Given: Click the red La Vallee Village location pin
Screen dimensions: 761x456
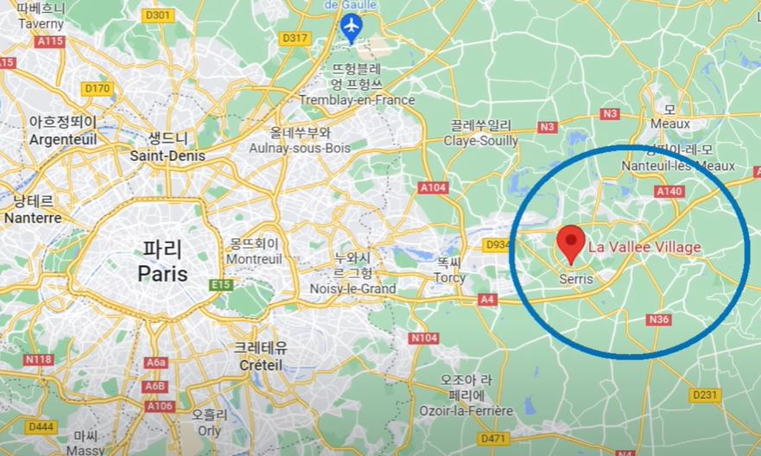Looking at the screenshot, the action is pos(570,244).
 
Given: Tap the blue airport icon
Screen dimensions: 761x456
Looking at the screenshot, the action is pos(351,27).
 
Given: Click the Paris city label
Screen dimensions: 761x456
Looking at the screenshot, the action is pos(162,273).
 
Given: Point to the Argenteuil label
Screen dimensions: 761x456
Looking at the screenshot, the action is pos(63,139).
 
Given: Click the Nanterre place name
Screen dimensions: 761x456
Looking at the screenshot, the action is pos(33,218).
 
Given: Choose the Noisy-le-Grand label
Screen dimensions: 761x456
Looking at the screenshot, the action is pos(352,288).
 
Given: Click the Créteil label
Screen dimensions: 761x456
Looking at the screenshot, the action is pos(261,365).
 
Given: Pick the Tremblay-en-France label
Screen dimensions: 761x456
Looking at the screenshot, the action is pos(357,100).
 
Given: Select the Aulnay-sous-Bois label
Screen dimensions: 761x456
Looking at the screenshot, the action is pos(300,149).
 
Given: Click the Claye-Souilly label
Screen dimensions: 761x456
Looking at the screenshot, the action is pos(481,140).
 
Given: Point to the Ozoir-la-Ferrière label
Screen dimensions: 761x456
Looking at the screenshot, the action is pos(466,410).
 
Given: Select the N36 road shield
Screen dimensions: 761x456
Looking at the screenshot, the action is pos(658,320).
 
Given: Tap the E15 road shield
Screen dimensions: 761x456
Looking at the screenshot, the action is pos(221,284).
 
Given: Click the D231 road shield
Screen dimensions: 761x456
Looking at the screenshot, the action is pos(706,395).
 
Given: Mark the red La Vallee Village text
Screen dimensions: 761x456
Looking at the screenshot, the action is pos(644,248).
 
